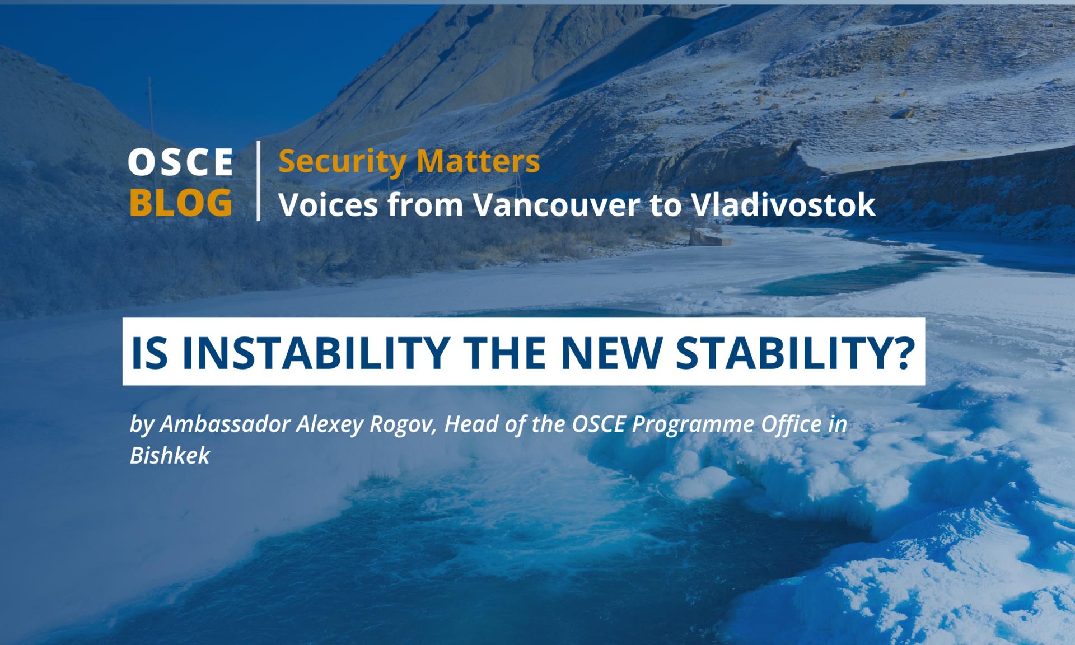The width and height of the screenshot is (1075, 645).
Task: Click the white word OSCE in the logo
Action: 180,162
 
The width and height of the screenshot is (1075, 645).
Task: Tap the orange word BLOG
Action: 181,202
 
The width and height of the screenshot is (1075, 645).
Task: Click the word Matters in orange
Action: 478,161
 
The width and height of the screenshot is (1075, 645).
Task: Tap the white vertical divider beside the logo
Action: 258,181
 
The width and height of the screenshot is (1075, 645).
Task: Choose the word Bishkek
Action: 170,456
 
